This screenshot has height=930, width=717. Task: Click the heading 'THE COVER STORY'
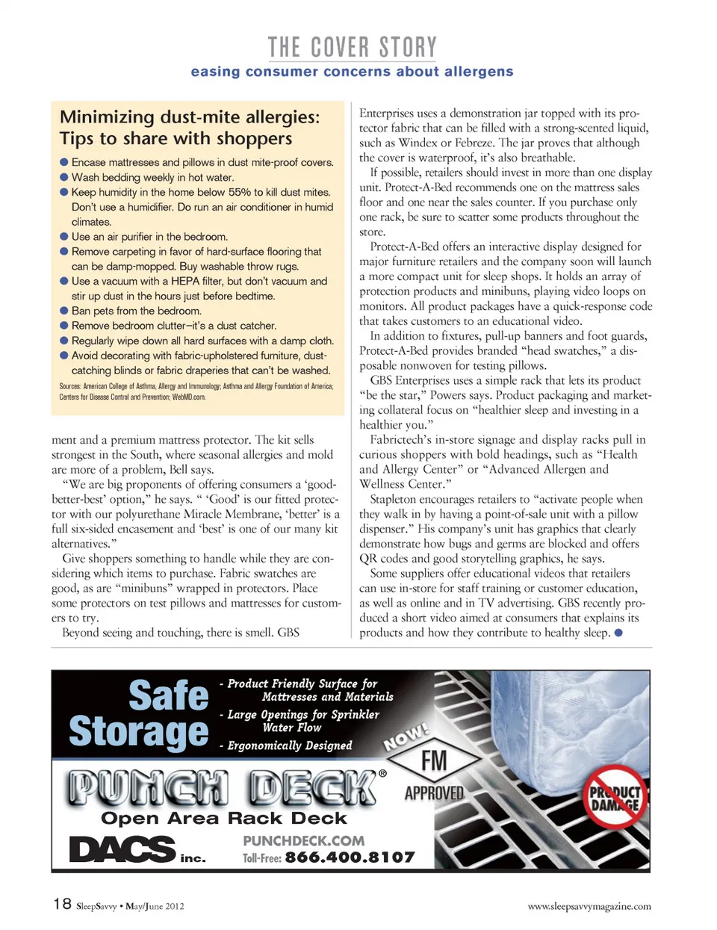click(x=352, y=48)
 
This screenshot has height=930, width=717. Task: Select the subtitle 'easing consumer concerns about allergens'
click(x=352, y=72)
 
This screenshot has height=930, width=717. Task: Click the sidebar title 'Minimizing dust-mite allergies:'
click(x=190, y=117)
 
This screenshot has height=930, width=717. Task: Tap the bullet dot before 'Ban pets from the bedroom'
click(x=64, y=311)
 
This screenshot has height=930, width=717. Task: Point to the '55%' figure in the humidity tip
click(x=239, y=192)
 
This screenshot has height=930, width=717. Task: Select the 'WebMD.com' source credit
click(x=188, y=397)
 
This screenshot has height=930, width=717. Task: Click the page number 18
click(x=62, y=904)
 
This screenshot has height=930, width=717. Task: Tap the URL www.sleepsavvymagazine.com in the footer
click(x=589, y=906)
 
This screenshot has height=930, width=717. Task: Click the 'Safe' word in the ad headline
click(x=169, y=695)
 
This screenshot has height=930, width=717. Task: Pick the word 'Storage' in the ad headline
click(x=139, y=731)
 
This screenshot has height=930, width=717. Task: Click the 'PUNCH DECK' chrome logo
click(x=223, y=788)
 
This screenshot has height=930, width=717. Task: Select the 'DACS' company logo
click(x=122, y=849)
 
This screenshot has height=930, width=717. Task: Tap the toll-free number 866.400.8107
click(x=350, y=858)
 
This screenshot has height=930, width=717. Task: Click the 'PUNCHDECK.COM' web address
click(x=303, y=841)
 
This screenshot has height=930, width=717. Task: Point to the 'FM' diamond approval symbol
click(x=434, y=761)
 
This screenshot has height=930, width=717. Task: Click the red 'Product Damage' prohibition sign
click(x=615, y=796)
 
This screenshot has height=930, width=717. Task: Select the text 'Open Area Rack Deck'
click(x=224, y=818)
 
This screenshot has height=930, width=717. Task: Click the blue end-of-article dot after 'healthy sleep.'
click(x=618, y=633)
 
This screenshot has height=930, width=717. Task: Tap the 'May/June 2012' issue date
click(x=155, y=906)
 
